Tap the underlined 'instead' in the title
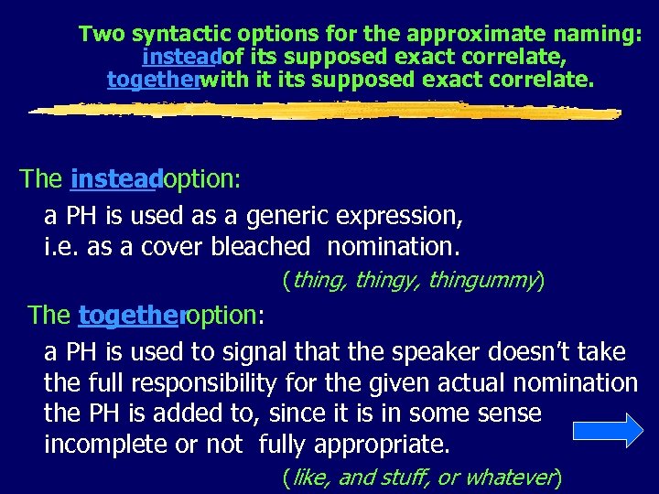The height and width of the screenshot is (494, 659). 181,58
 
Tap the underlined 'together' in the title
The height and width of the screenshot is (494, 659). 153,80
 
